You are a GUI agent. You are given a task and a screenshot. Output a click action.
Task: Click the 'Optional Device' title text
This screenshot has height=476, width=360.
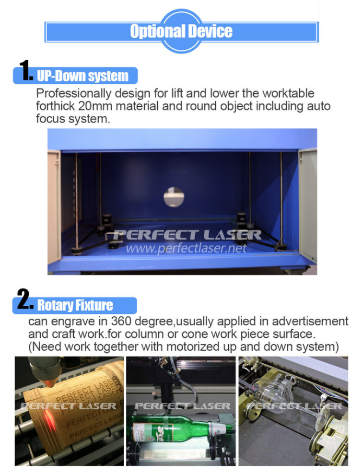click(181, 31)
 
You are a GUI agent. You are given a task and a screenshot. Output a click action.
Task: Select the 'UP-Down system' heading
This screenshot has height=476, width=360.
click(82, 76)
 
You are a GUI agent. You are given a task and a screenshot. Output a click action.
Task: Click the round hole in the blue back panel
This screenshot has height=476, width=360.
click(173, 197)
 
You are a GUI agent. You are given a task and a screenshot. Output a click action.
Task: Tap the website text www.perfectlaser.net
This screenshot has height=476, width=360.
click(186, 248)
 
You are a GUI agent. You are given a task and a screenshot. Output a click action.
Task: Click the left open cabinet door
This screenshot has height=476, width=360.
click(54, 207)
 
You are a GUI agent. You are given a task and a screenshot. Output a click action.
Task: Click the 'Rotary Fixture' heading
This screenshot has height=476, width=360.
click(75, 305)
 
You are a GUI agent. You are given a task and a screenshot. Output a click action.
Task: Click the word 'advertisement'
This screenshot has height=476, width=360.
click(310, 321)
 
